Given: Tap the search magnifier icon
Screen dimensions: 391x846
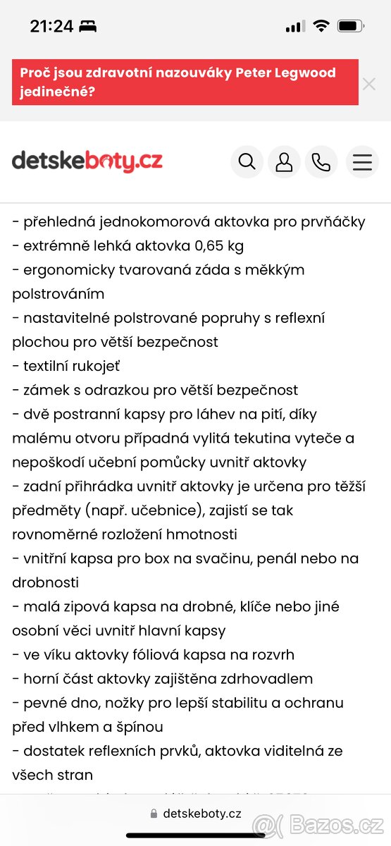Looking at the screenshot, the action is [x=247, y=162].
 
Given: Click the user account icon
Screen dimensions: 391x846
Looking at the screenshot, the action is [x=284, y=162].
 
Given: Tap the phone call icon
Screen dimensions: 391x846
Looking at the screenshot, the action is [x=321, y=162].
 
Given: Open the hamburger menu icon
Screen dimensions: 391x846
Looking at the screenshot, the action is [x=362, y=162].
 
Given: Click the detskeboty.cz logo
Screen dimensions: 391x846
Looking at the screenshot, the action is [x=87, y=161].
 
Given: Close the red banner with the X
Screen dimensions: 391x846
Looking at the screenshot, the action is [x=369, y=84].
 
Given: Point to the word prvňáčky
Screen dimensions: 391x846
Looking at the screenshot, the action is [x=332, y=222].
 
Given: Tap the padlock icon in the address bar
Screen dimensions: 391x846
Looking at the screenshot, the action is [x=154, y=814].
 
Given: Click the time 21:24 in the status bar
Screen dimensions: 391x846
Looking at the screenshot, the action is [x=51, y=27].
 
